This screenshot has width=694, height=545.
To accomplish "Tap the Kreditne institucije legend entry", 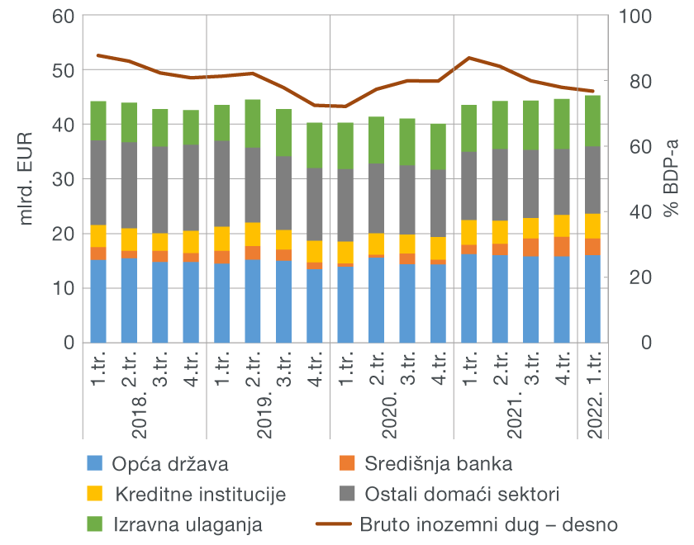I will tap(200, 495).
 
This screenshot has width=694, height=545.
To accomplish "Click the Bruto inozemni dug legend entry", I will tap(487, 524).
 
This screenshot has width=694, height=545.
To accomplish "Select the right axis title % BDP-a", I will tap(671, 178).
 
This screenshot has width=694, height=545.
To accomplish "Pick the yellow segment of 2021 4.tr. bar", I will tap(562, 225).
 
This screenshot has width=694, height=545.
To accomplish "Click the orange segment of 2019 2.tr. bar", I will tap(253, 253).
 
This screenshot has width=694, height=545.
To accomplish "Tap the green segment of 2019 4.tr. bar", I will tap(315, 145).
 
